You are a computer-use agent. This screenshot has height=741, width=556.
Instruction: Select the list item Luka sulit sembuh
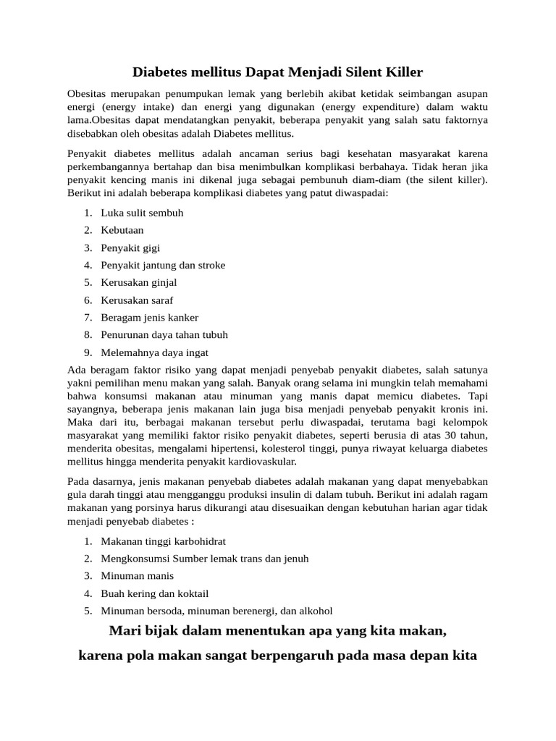[142, 213]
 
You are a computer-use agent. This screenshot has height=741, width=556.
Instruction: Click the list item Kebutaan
[122, 230]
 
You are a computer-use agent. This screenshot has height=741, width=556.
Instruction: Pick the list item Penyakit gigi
[131, 247]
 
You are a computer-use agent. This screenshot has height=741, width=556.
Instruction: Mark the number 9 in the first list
[87, 352]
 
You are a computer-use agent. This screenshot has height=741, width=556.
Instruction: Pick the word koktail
[190, 593]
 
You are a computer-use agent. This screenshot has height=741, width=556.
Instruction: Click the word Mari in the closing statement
[125, 631]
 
